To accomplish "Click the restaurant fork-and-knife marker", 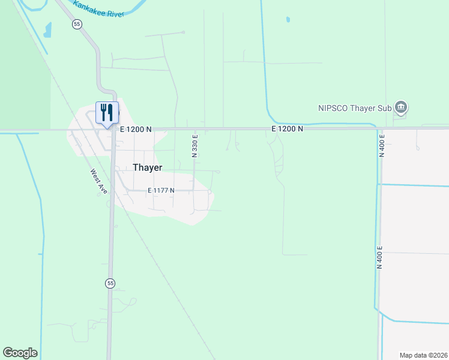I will coord(107,112).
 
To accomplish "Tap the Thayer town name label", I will coord(148,168).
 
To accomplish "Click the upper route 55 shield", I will coord(76,24).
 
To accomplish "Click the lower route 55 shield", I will coord(110,283).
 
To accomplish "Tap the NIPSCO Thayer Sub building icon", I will coord(402,108).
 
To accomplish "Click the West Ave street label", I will coord(99,181).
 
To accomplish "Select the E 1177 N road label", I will coord(161,191).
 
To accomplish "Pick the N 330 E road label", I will coord(194,146).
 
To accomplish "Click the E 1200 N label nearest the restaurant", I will coord(136,129).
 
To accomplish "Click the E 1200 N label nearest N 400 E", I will coord(288,129).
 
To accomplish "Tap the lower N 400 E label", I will coord(380,257).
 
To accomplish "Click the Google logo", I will coord(20,353).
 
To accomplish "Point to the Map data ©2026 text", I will coord(424,355).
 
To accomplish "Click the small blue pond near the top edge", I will coord(288,20).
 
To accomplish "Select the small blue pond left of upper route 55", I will coord(47,29).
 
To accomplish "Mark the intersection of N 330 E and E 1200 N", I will coord(194,128).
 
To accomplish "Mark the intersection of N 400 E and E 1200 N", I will coord(379,128).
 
